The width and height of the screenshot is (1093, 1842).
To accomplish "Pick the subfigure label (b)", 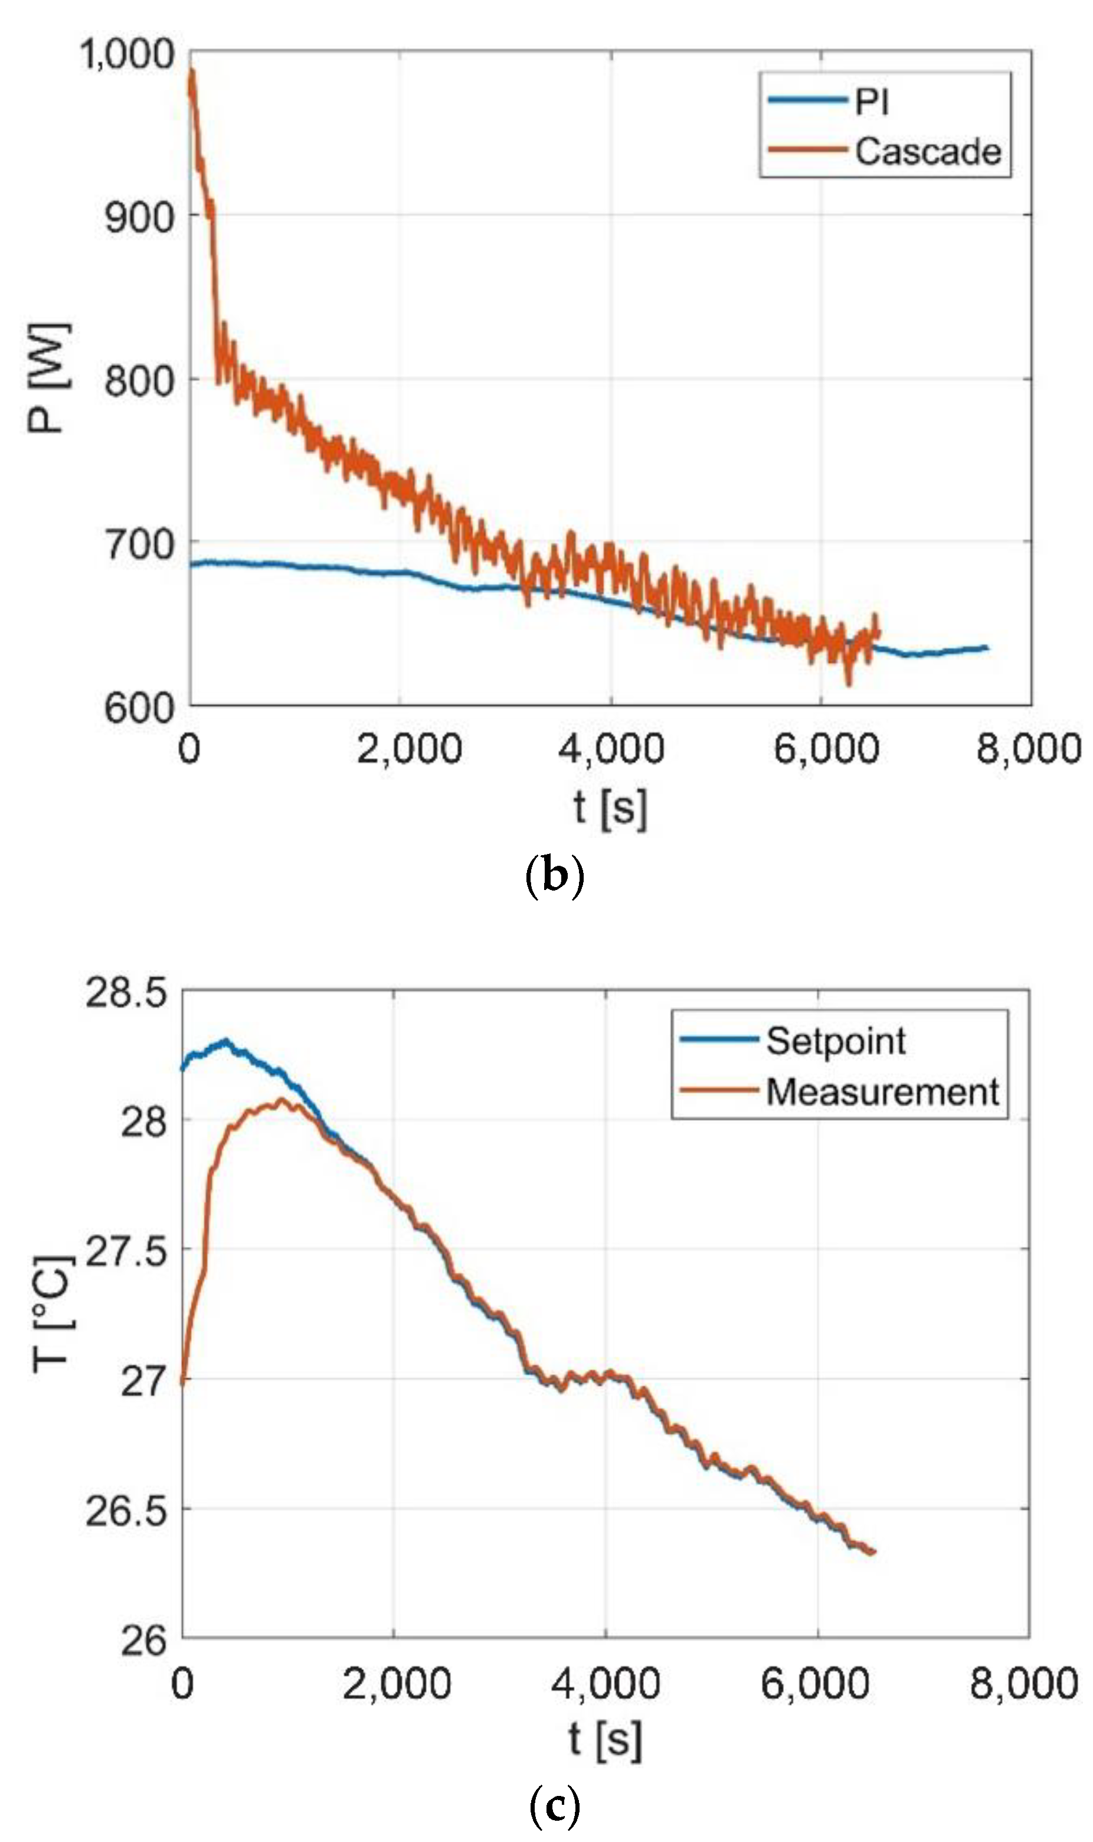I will tap(555, 876).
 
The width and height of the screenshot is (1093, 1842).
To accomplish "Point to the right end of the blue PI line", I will tap(987, 648).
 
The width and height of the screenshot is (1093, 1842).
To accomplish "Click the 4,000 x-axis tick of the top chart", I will tap(611, 749).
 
